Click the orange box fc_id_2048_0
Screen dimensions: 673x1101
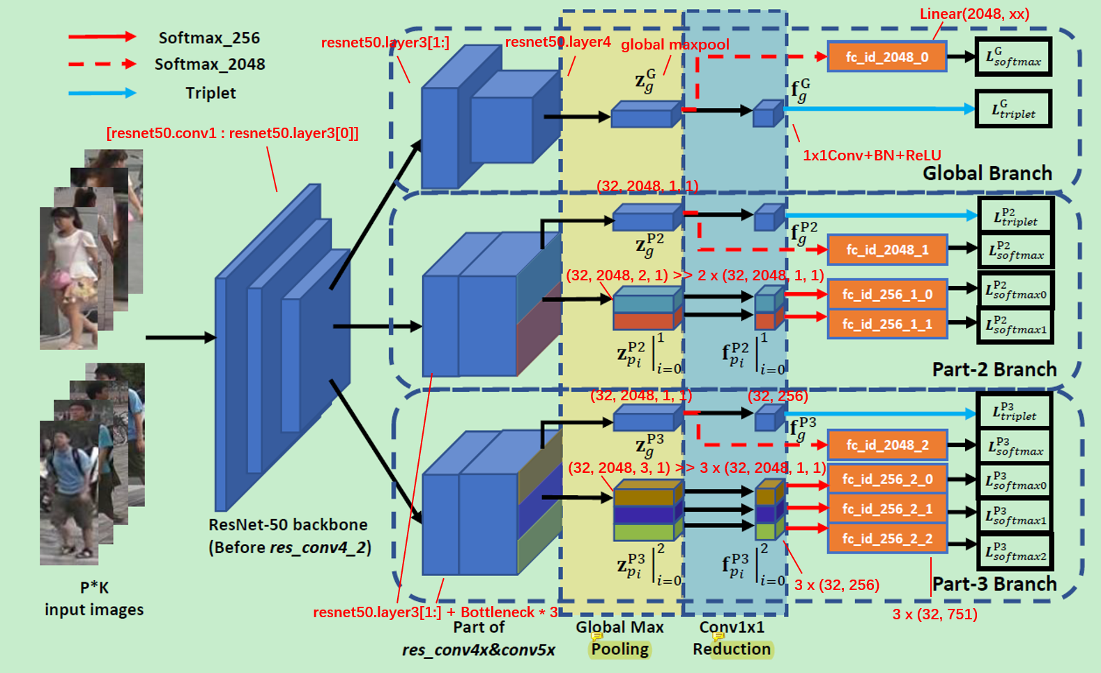(x=886, y=57)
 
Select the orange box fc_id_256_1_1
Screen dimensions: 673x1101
(x=886, y=324)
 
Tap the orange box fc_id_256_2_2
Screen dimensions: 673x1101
(x=886, y=538)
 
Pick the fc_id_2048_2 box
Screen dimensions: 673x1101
(x=886, y=445)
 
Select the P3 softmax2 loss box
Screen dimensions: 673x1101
(x=1015, y=552)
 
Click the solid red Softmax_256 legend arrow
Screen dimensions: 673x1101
(x=102, y=36)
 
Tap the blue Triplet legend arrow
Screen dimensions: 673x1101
(x=102, y=92)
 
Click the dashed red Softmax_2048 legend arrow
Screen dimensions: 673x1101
(x=102, y=63)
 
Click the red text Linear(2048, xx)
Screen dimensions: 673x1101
(x=974, y=13)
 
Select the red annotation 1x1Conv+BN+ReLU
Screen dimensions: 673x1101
(x=872, y=155)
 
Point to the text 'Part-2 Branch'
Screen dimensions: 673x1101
(x=994, y=369)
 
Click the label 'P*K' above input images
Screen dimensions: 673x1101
(x=94, y=587)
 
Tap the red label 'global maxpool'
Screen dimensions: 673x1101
(x=675, y=45)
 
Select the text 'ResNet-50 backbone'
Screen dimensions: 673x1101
(x=288, y=524)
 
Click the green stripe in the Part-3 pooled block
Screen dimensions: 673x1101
(x=645, y=532)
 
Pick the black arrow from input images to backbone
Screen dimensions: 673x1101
(x=180, y=338)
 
